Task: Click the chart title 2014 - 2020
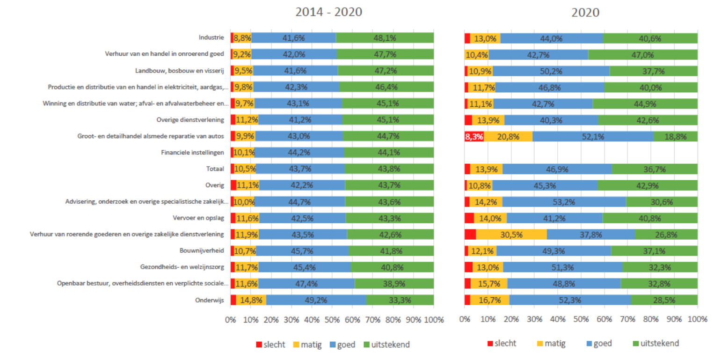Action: [328, 12]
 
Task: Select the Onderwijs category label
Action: [211, 300]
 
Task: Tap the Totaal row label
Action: [217, 169]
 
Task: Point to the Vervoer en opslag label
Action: [202, 218]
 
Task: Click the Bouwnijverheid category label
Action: [206, 251]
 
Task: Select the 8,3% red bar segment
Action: [474, 136]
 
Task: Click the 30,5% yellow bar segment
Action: [511, 235]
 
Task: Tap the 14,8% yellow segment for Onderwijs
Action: [251, 300]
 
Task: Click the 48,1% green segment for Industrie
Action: [385, 38]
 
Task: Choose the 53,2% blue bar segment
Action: [564, 202]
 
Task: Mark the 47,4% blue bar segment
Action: [307, 284]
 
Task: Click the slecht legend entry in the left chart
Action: [269, 345]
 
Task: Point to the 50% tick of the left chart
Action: [332, 320]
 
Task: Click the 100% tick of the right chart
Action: [697, 320]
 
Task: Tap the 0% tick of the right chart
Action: [465, 320]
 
